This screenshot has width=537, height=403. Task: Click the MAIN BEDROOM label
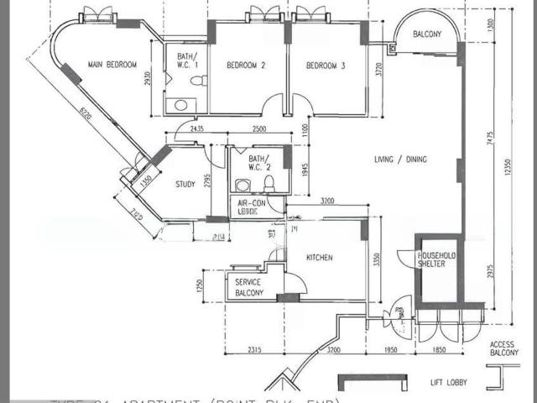112,64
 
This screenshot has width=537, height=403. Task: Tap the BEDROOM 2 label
246,65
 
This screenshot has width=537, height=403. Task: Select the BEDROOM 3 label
326,65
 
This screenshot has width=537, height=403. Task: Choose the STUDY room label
185,184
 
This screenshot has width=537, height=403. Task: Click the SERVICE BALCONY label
249,287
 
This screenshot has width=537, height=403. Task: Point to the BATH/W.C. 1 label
186,61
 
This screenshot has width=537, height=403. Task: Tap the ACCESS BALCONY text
504,348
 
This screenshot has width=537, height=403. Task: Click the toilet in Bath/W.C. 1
197,81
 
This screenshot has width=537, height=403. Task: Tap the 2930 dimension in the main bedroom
146,79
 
